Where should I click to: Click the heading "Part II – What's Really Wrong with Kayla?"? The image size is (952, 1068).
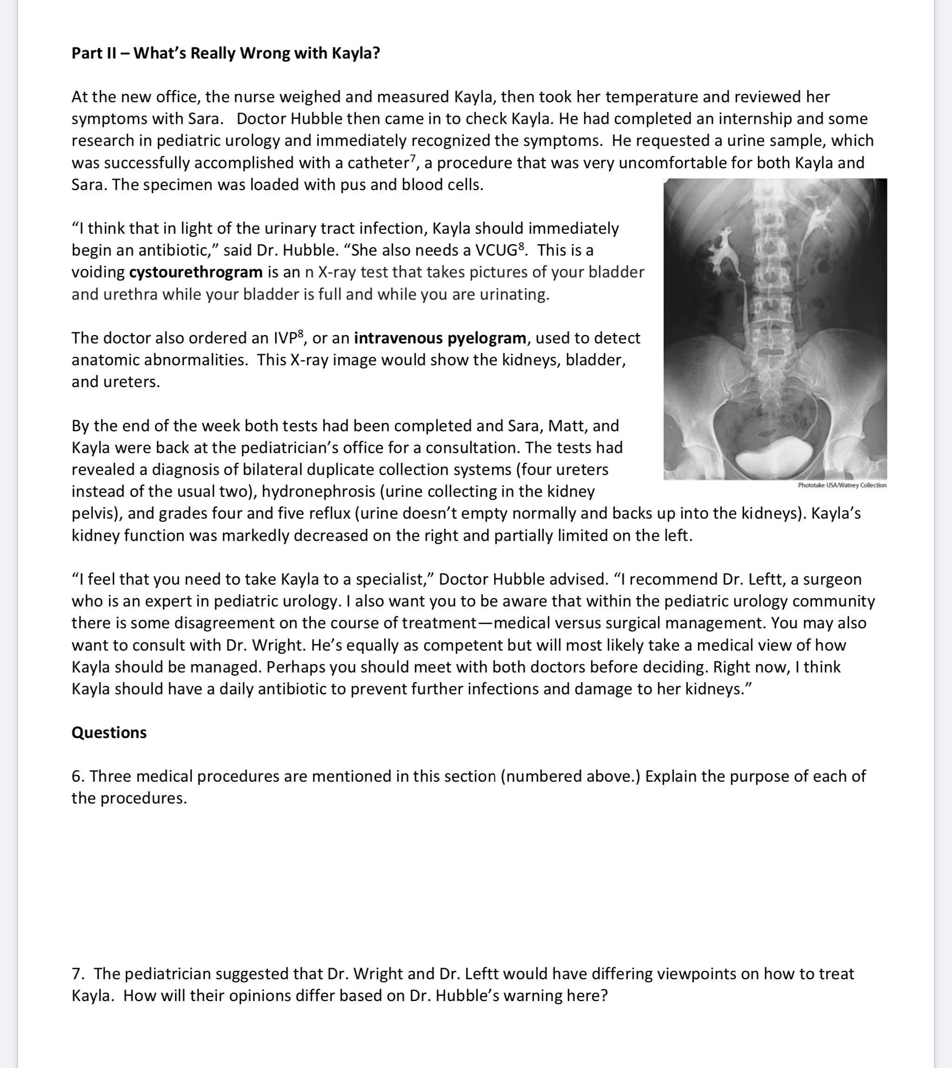(x=225, y=53)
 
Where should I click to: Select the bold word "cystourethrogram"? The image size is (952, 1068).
(x=196, y=272)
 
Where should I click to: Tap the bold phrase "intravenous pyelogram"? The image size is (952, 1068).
(x=440, y=338)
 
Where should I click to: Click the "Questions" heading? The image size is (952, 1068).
(x=109, y=732)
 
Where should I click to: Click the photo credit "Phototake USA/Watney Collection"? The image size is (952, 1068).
(x=842, y=485)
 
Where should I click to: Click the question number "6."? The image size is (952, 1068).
(x=78, y=776)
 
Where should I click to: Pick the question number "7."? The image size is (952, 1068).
(x=78, y=974)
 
